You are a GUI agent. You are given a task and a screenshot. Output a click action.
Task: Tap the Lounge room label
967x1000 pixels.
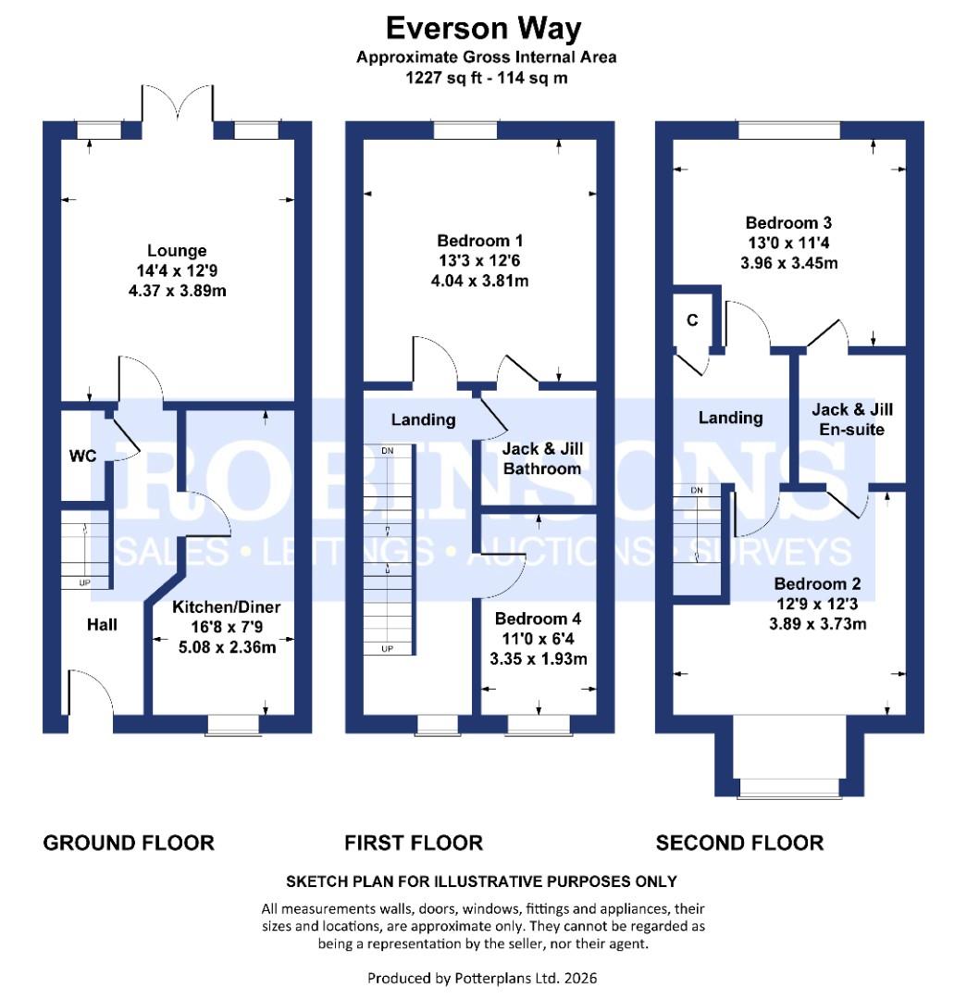[177, 251]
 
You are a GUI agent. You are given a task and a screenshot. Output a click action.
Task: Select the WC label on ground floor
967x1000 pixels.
[83, 456]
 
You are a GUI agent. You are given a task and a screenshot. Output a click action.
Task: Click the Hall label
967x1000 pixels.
[102, 625]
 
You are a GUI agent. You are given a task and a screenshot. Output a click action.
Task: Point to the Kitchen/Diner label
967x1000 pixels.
[227, 607]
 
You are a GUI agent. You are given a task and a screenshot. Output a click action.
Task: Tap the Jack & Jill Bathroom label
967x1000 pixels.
[541, 458]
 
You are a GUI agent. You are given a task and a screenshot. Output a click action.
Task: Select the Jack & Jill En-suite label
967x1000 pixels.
[852, 419]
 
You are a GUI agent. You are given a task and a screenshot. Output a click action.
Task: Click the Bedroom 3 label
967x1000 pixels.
[788, 222]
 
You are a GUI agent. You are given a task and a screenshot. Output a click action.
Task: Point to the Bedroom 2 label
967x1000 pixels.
[817, 584]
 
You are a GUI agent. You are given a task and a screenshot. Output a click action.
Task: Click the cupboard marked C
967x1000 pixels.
[691, 320]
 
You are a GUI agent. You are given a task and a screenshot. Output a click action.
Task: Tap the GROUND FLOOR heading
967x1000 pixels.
[129, 843]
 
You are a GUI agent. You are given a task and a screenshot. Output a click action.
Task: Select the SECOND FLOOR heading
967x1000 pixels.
[739, 843]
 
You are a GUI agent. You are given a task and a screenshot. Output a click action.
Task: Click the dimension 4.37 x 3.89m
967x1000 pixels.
[177, 290]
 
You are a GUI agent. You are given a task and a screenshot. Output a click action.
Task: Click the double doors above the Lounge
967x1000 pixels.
[177, 109]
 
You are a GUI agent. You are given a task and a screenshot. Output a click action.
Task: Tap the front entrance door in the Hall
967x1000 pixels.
[90, 694]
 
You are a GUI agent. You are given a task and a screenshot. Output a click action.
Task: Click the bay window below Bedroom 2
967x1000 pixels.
[789, 787]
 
